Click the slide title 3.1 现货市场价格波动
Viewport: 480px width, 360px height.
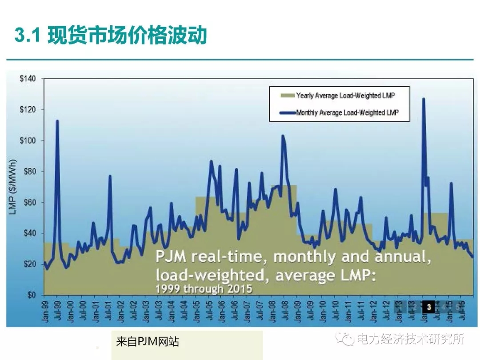pyautogui.click(x=111, y=35)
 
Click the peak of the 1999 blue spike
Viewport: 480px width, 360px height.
pyautogui.click(x=57, y=121)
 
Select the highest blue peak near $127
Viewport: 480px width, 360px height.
pyautogui.click(x=424, y=99)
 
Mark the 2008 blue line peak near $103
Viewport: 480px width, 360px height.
pyautogui.click(x=283, y=136)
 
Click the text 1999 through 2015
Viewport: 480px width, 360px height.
pyautogui.click(x=204, y=289)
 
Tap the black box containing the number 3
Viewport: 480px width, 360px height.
pyautogui.click(x=429, y=307)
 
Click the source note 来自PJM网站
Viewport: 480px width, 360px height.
pyautogui.click(x=147, y=342)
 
